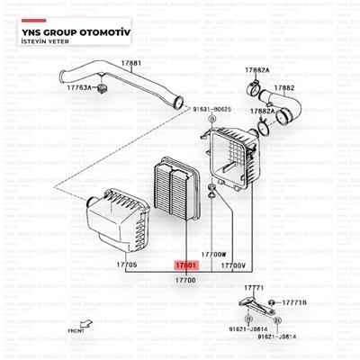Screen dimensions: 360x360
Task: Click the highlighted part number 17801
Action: (184, 265)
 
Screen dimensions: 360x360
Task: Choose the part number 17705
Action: (126, 265)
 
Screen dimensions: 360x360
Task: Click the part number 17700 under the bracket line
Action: (184, 281)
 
